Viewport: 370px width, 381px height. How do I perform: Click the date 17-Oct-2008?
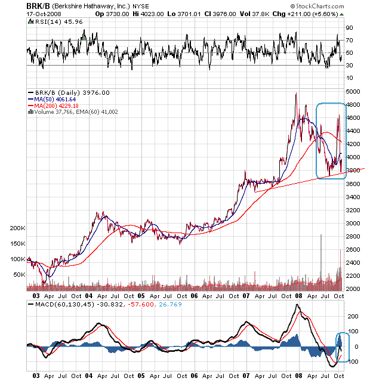coord(44,13)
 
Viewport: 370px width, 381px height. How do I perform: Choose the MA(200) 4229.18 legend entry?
coord(60,105)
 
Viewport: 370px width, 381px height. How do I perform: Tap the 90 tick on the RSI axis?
coord(349,27)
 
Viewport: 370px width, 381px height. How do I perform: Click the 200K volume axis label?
coord(18,228)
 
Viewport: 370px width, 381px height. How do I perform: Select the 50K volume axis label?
coord(20,275)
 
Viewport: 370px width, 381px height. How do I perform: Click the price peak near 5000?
coord(295,94)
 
